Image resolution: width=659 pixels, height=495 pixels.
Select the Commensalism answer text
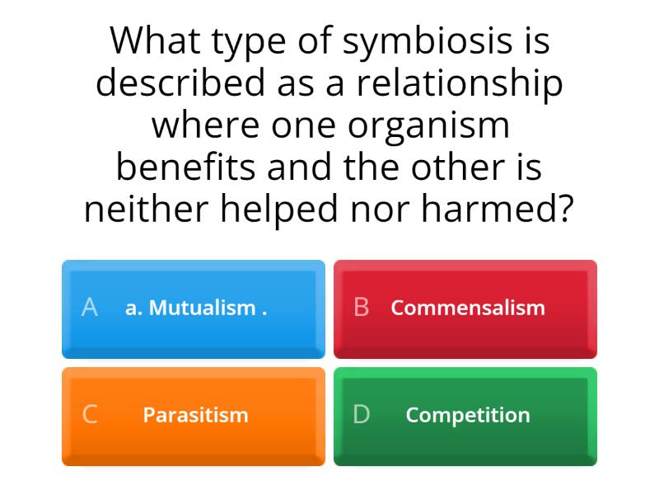468,309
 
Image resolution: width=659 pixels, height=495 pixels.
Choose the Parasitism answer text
195,415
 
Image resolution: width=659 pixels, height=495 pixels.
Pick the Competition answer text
468,415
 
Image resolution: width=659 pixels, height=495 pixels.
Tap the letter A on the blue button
90,308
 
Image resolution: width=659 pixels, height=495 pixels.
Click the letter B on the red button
361,308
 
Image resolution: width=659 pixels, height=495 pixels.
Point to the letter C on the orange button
90,415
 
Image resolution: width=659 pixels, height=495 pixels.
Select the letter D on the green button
362,415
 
